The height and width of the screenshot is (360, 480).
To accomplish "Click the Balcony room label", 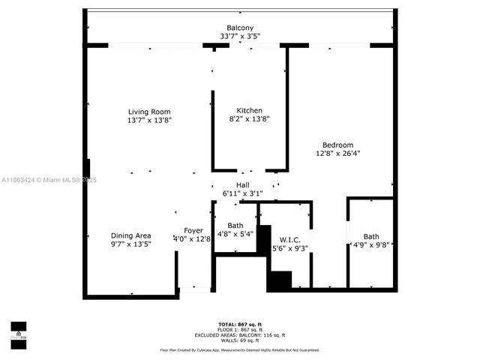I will [x=240, y=28].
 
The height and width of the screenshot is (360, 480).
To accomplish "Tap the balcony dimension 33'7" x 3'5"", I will [x=240, y=36].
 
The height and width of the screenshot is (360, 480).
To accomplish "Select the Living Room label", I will [x=148, y=112].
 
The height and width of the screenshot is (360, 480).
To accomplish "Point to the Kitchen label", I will [x=249, y=110].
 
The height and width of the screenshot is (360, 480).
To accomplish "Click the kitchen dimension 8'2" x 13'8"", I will [x=249, y=118].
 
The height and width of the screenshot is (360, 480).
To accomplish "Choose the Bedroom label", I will [x=337, y=145].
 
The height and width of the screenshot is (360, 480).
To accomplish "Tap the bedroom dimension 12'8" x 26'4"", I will [x=337, y=154].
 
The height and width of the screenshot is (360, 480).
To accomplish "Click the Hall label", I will [x=243, y=185].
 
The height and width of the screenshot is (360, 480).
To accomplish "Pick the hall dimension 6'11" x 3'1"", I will [x=243, y=193].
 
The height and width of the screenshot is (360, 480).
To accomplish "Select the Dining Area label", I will [x=131, y=235].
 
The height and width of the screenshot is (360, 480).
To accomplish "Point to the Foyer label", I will [x=193, y=230].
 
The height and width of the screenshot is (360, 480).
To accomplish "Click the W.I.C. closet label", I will [x=290, y=239].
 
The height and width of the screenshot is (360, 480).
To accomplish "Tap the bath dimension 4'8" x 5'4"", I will [x=235, y=234].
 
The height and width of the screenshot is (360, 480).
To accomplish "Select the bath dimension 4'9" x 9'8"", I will [x=370, y=245].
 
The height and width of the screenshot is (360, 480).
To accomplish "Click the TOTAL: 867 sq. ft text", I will [x=240, y=322].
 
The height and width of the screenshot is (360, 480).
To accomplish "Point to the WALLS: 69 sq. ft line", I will [x=240, y=340].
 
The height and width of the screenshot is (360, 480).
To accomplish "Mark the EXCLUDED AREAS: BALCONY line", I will [x=240, y=334].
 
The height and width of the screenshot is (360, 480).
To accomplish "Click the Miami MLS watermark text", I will [x=49, y=180].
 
